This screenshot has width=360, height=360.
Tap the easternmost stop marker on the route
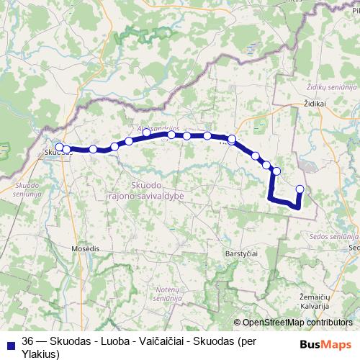tap(300, 189)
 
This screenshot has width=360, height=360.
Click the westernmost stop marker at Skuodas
tap(59, 149)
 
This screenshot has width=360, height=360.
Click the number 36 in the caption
tap(28, 341)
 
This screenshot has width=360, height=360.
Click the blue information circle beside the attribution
tap(238, 323)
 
